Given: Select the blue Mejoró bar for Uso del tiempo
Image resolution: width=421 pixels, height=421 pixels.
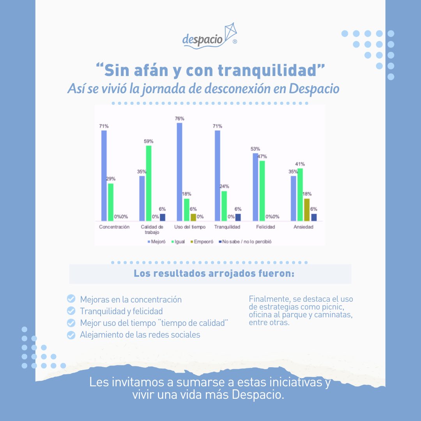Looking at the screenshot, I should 179,172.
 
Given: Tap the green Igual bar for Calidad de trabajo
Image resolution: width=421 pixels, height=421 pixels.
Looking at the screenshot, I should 149,183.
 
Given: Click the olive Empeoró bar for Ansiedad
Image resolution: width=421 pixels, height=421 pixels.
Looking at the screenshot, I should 307,210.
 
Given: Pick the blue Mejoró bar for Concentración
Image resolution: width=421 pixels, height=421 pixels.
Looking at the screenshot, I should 104,175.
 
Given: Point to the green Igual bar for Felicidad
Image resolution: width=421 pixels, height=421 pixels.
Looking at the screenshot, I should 262,191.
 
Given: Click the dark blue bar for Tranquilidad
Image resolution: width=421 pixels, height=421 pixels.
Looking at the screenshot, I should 238,217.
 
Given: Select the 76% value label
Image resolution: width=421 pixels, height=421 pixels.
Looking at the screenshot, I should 180,119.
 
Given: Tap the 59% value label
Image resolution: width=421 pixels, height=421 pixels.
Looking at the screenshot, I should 149,141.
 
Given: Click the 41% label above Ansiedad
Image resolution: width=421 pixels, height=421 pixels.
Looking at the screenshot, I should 300,164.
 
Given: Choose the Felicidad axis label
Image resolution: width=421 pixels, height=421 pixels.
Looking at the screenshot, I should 265,227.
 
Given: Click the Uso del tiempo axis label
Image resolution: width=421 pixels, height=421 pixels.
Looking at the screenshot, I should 190,227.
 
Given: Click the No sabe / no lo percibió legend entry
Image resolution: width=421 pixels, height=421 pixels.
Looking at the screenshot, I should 246,242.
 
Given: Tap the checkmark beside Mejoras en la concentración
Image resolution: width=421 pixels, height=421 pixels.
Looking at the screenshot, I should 71,299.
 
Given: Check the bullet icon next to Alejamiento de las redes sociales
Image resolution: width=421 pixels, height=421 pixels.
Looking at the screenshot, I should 71,335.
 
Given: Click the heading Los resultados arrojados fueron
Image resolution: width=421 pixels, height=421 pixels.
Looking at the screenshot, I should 214,274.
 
